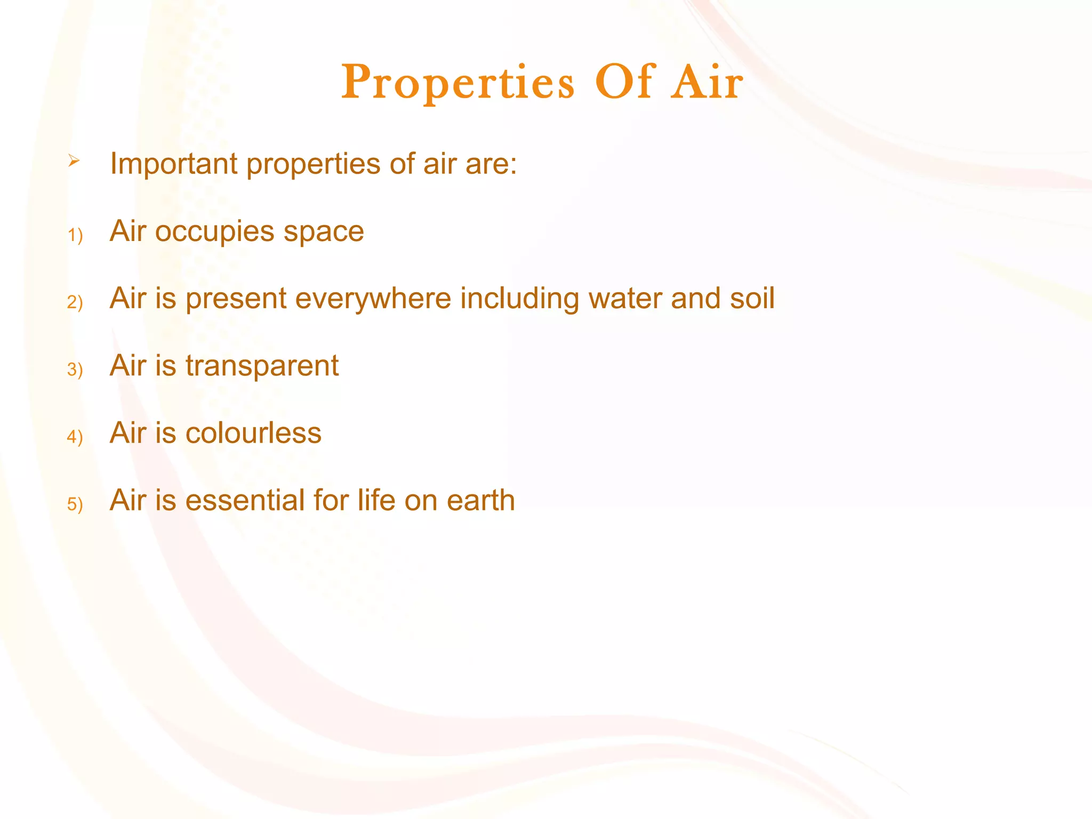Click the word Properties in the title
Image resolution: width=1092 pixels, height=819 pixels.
(457, 83)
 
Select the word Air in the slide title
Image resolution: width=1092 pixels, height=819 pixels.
(707, 83)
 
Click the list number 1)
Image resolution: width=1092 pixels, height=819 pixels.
(75, 235)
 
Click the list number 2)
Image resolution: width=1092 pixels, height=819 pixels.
(75, 302)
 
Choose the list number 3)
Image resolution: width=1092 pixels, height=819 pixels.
(75, 370)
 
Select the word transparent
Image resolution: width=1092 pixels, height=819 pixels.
(262, 367)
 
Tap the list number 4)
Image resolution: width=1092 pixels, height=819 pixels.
(75, 437)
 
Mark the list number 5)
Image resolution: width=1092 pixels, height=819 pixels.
(75, 504)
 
